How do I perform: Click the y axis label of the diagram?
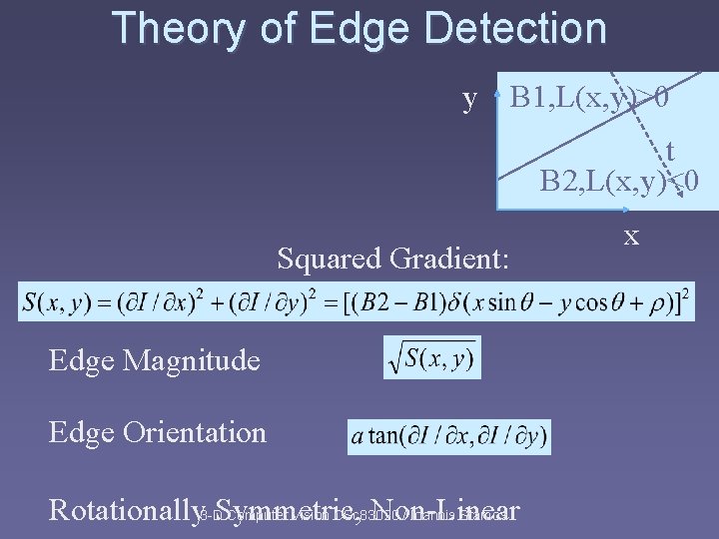coord(469,99)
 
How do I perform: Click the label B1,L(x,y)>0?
coord(589,99)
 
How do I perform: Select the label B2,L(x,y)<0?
coord(620,181)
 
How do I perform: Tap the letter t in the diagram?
coord(669,151)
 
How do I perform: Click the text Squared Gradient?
coord(393,260)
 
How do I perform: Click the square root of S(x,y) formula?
coord(431,357)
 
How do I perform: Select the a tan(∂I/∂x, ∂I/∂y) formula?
coord(448,436)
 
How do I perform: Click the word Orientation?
coord(194,432)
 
